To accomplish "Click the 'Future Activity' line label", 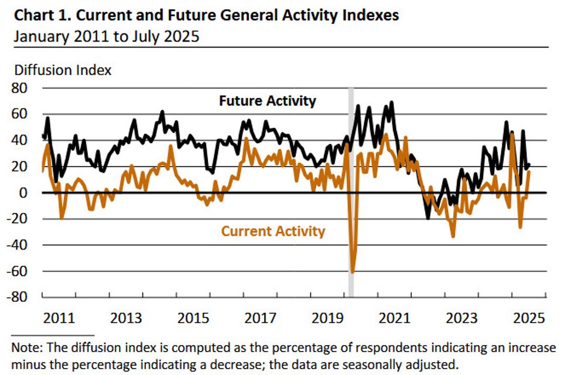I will pos(267,101).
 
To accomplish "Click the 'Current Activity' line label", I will pos(272,231).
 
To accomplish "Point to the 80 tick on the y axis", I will pos(26,88).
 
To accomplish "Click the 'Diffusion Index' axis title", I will pos(62,70).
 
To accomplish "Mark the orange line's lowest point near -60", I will pos(353,271).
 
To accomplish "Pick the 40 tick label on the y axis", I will pos(26,140).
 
